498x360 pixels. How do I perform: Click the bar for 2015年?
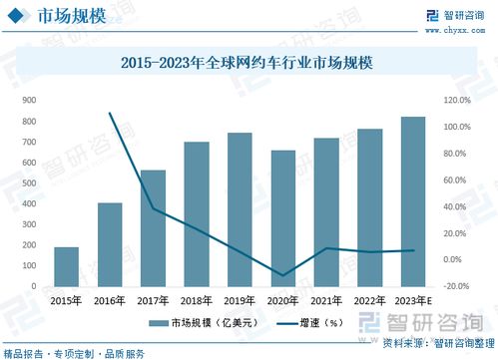click(x=66, y=266)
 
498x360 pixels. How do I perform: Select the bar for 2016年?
click(x=110, y=244)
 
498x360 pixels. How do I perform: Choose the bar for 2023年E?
click(x=413, y=201)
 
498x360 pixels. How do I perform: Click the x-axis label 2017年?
click(x=153, y=300)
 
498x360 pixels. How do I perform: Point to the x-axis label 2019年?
click(x=240, y=300)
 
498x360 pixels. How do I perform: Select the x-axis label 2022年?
click(x=369, y=300)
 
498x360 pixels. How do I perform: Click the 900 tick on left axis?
click(x=30, y=101)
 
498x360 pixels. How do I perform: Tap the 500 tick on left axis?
click(x=30, y=183)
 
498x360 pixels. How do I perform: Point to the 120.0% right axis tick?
click(x=455, y=101)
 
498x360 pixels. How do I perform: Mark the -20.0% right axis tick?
click(x=455, y=286)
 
